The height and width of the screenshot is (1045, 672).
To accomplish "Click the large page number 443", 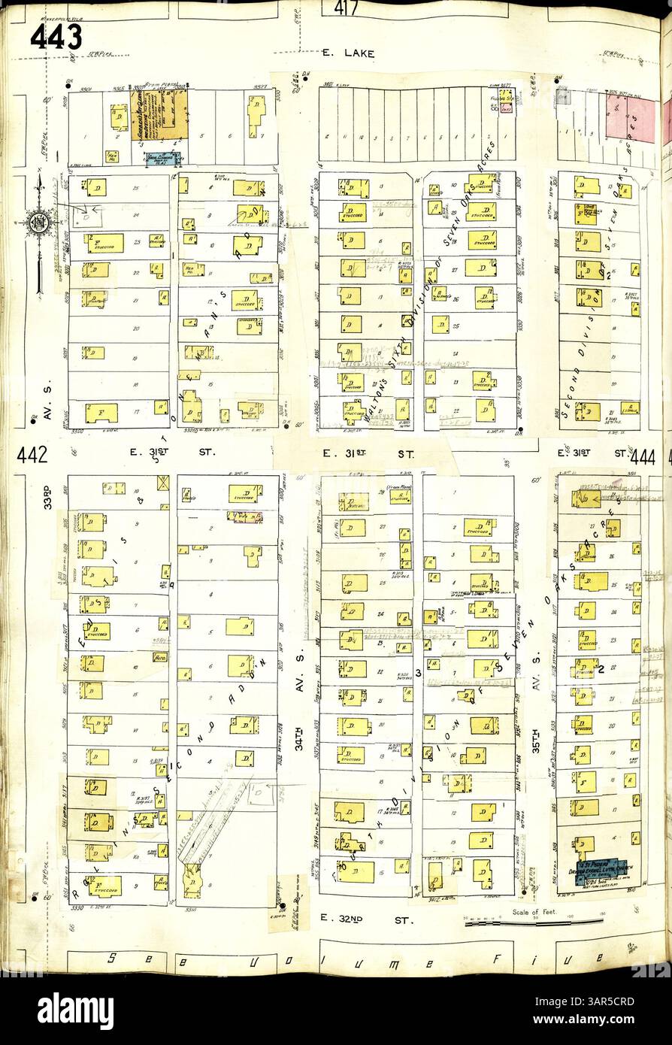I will coord(56,36).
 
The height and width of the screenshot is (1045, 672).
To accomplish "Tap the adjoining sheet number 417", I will coord(341,9).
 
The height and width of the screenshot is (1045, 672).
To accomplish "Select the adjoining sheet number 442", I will coord(32,454).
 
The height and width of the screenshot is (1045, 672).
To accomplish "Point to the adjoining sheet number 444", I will coord(643,456).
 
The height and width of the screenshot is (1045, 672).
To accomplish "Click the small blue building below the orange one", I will coord(163,158).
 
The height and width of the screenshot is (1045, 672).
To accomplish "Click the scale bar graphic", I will coord(534,922).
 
